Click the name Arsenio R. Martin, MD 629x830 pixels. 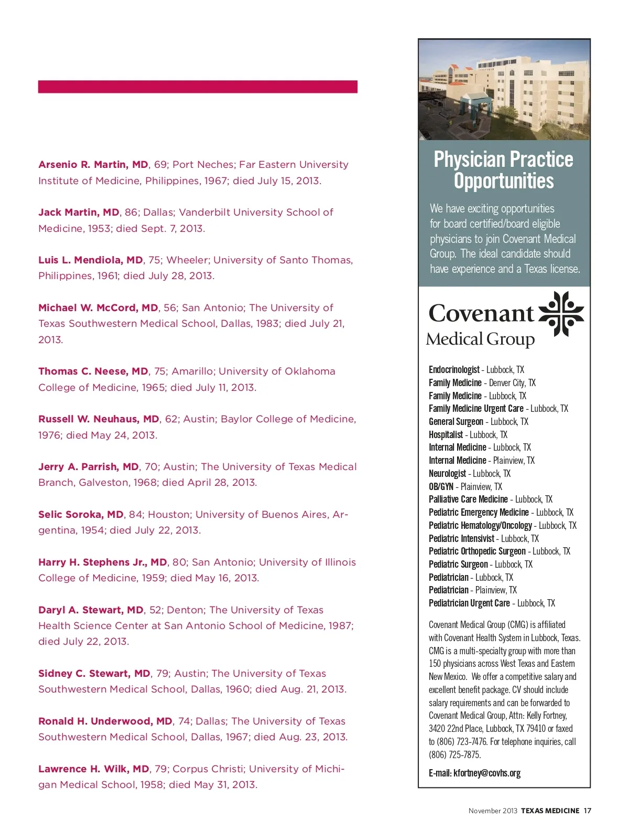pyautogui.click(x=93, y=165)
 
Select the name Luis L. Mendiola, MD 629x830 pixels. pyautogui.click(x=91, y=260)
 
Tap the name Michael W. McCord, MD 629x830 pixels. pyautogui.click(x=98, y=308)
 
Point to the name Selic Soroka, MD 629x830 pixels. pyautogui.click(x=81, y=515)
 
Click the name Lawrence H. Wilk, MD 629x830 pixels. pyautogui.click(x=94, y=769)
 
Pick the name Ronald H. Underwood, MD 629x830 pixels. pyautogui.click(x=105, y=721)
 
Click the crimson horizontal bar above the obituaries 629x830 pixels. pyautogui.click(x=198, y=87)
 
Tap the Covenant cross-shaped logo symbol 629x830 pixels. pyautogui.click(x=561, y=313)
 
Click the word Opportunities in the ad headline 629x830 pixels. pyautogui.click(x=504, y=181)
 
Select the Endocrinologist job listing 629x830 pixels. pyautogui.click(x=454, y=370)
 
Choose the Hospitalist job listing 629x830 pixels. pyautogui.click(x=446, y=435)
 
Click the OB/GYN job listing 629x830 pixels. pyautogui.click(x=441, y=487)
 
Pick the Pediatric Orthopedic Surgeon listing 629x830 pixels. pyautogui.click(x=477, y=551)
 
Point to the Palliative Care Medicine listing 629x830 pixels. pyautogui.click(x=468, y=499)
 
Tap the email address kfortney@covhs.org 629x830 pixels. pyautogui.click(x=487, y=773)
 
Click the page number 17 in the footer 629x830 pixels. pyautogui.click(x=588, y=811)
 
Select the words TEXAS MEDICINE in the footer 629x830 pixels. pyautogui.click(x=550, y=811)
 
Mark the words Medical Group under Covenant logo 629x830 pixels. pyautogui.click(x=480, y=339)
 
